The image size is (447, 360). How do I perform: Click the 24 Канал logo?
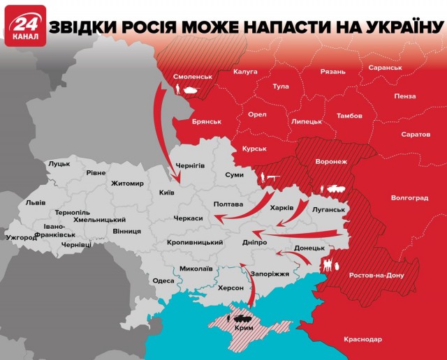[x=26, y=26]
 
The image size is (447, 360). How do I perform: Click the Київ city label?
[x=166, y=192]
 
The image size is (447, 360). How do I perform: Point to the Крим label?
[x=244, y=327]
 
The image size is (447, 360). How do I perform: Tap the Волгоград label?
[x=410, y=198]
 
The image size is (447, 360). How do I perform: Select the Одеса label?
[x=163, y=280]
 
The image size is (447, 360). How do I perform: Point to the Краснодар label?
[x=363, y=339]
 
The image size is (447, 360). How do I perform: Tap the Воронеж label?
[x=331, y=161]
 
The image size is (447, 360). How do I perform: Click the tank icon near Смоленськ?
[x=189, y=89]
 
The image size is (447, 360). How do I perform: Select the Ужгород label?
[x=21, y=238]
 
